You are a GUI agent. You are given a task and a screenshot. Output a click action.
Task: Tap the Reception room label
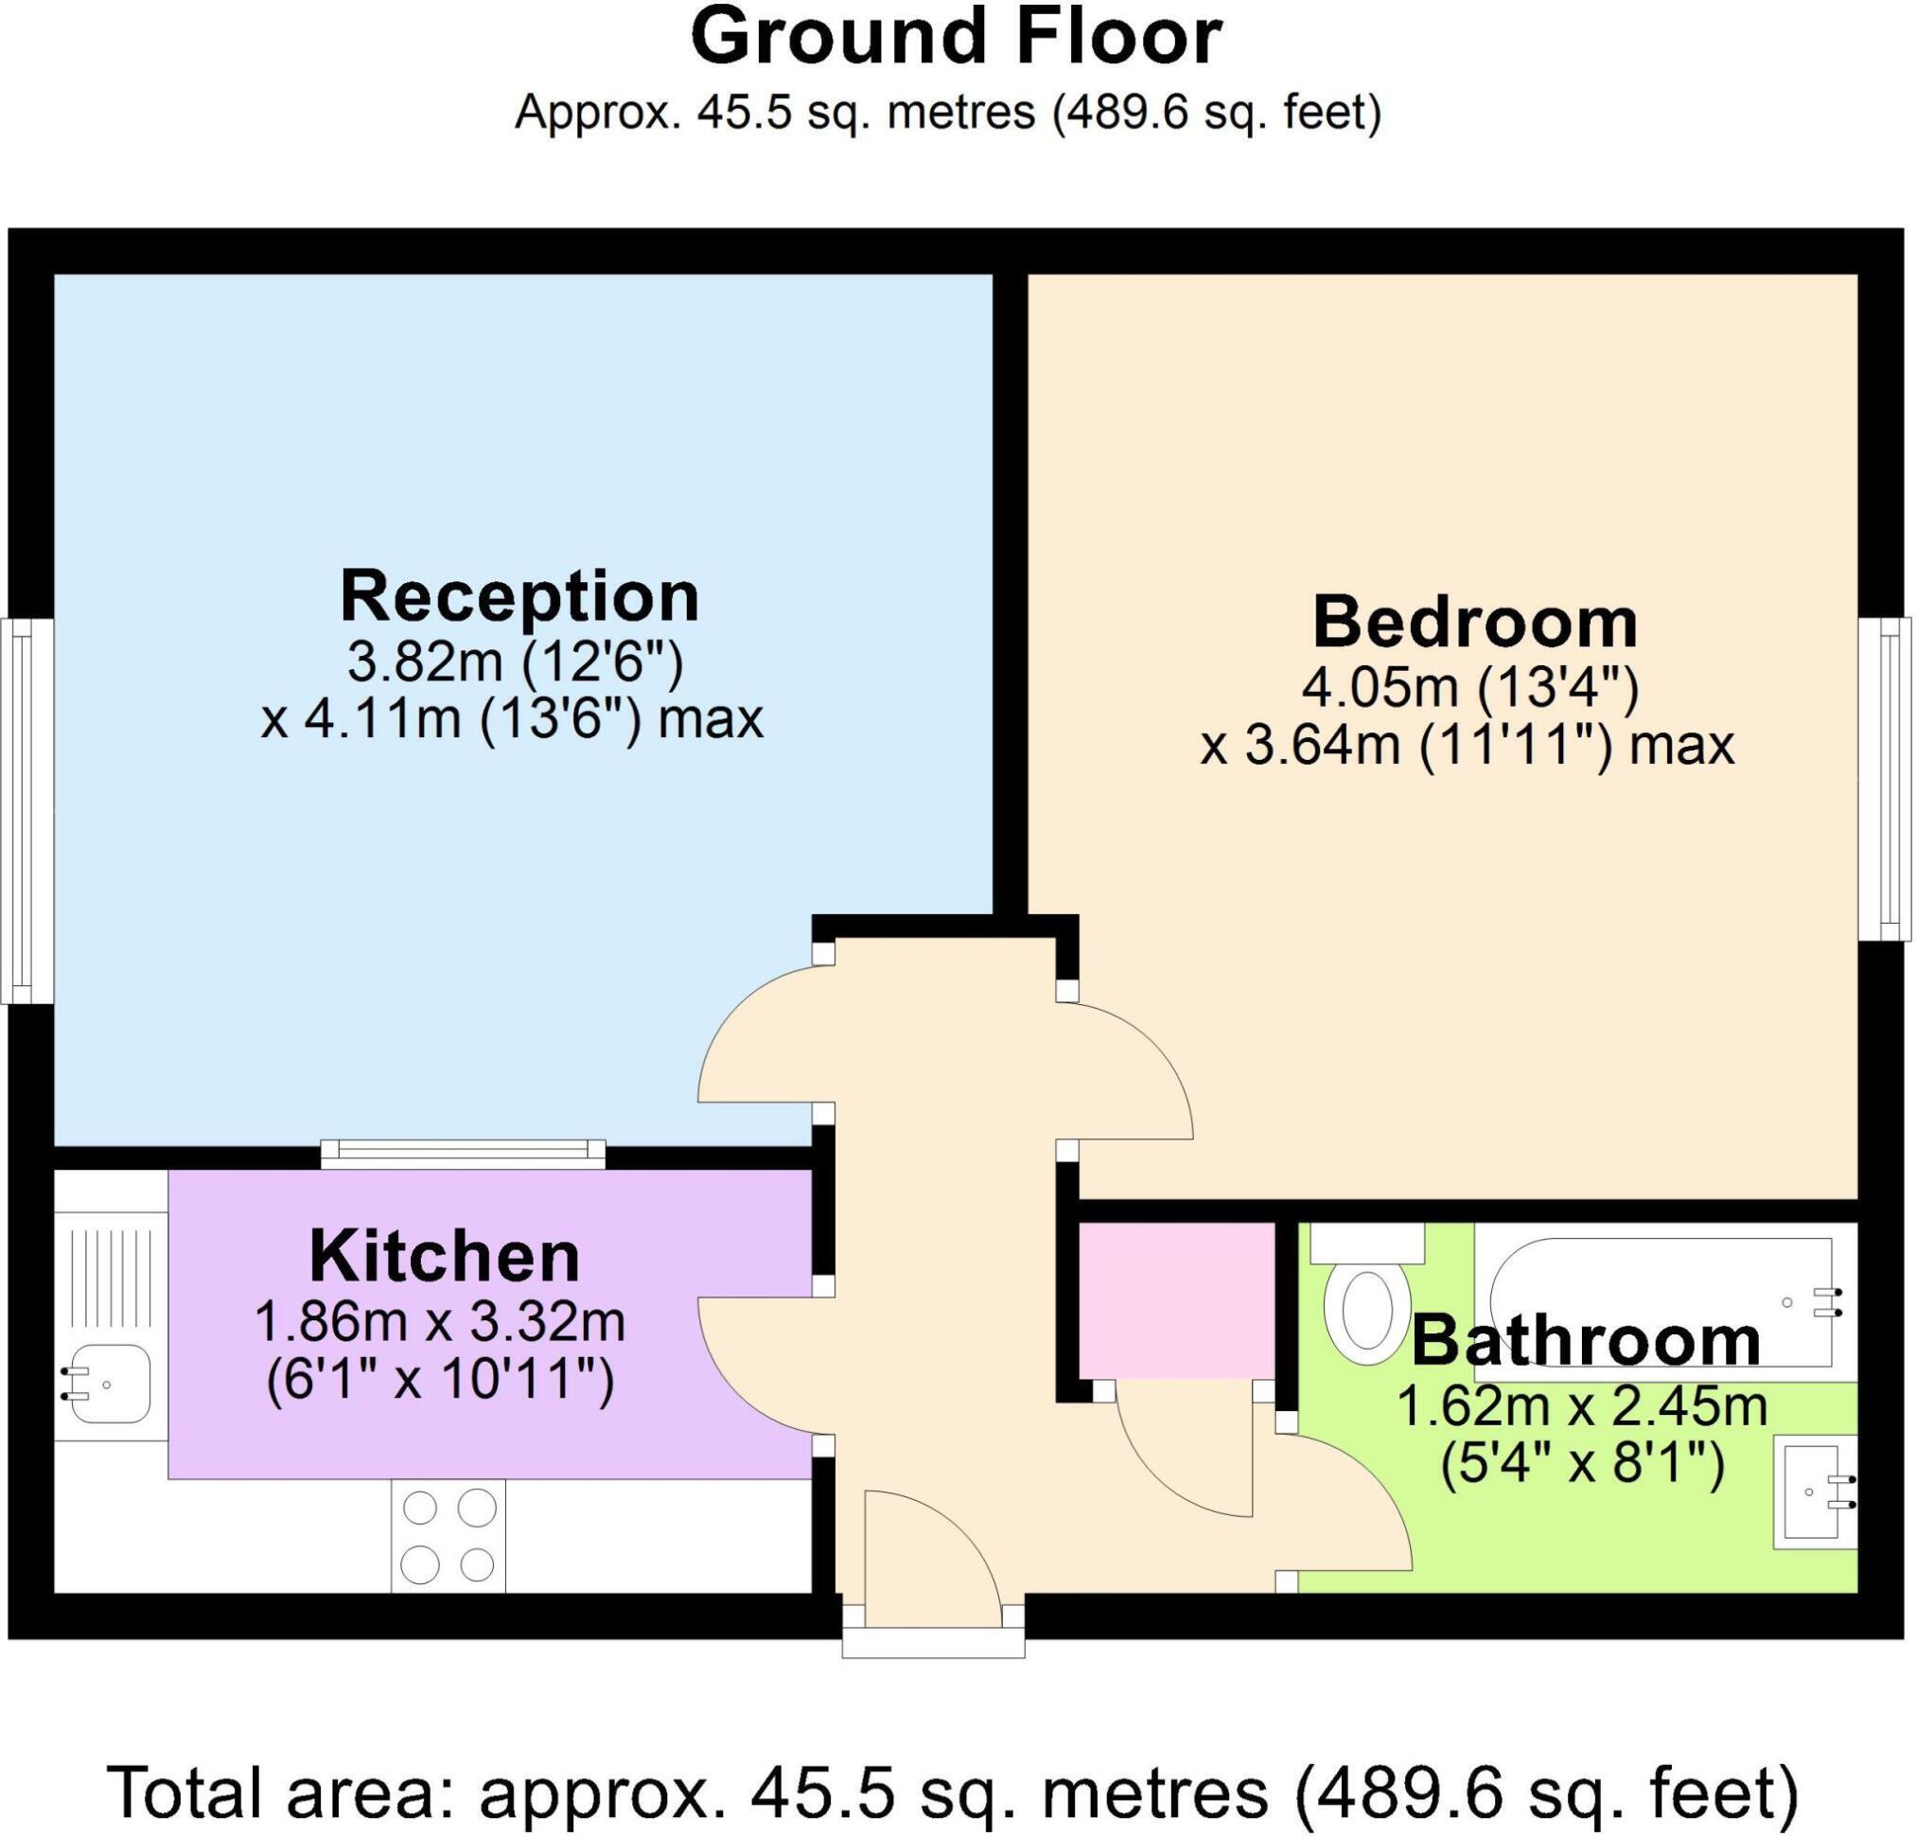point(519,596)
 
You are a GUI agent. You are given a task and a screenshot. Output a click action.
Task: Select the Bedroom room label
point(1474,623)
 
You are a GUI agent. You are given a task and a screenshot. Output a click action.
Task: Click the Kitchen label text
point(445,1257)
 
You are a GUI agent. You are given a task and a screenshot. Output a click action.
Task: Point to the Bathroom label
point(1586,1341)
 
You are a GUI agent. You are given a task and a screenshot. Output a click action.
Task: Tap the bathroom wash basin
point(1814,1492)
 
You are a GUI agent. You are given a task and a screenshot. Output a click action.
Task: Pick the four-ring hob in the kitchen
point(448,1536)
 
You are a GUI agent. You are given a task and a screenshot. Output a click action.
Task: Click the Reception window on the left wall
point(26,810)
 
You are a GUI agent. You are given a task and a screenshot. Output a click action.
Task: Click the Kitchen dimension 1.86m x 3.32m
point(440,1324)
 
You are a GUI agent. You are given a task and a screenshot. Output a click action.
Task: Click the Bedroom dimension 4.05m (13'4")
point(1469,688)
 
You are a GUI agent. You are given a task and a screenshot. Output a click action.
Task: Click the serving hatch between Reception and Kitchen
point(464,1155)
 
